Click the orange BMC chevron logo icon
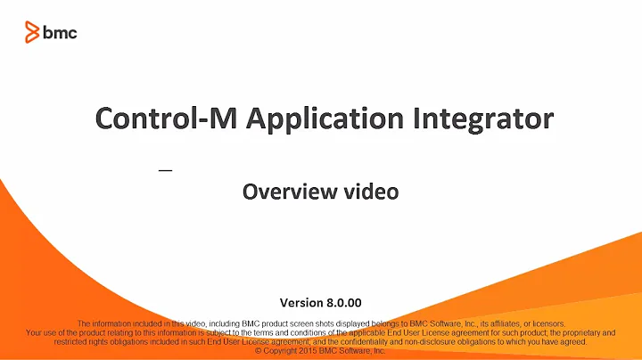(33, 33)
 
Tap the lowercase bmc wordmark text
(62, 33)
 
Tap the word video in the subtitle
(374, 191)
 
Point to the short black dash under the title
(165, 169)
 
